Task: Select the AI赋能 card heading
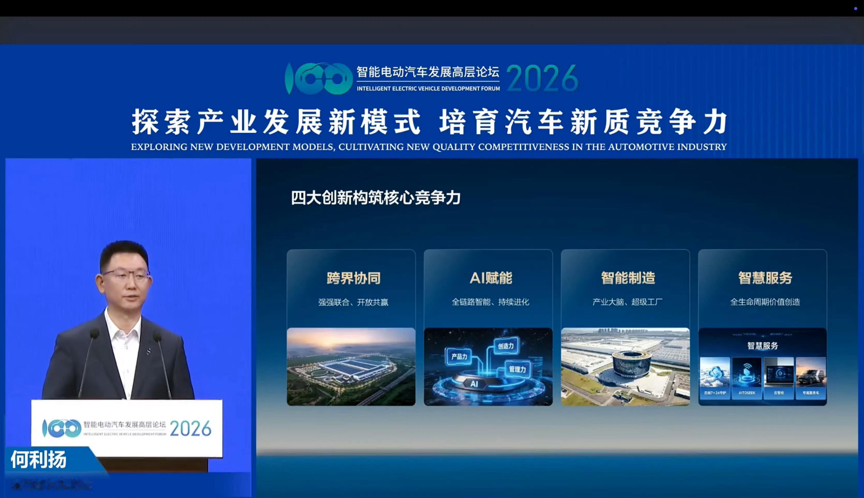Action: (x=491, y=278)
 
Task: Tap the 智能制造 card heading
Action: (x=628, y=278)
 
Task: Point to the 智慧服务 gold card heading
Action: (x=765, y=278)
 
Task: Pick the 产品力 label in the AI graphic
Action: (x=459, y=357)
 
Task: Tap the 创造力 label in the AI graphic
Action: (x=506, y=346)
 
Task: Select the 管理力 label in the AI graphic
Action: (x=517, y=369)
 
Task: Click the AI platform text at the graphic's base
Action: (x=474, y=384)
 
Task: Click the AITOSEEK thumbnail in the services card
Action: (x=747, y=378)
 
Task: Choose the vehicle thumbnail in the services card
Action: (x=811, y=378)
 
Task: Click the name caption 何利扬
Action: (x=38, y=459)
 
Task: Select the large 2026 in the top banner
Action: (x=542, y=79)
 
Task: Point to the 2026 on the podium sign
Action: (x=190, y=429)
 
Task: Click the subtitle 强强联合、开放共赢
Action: (x=353, y=302)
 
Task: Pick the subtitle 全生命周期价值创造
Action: (x=765, y=302)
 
